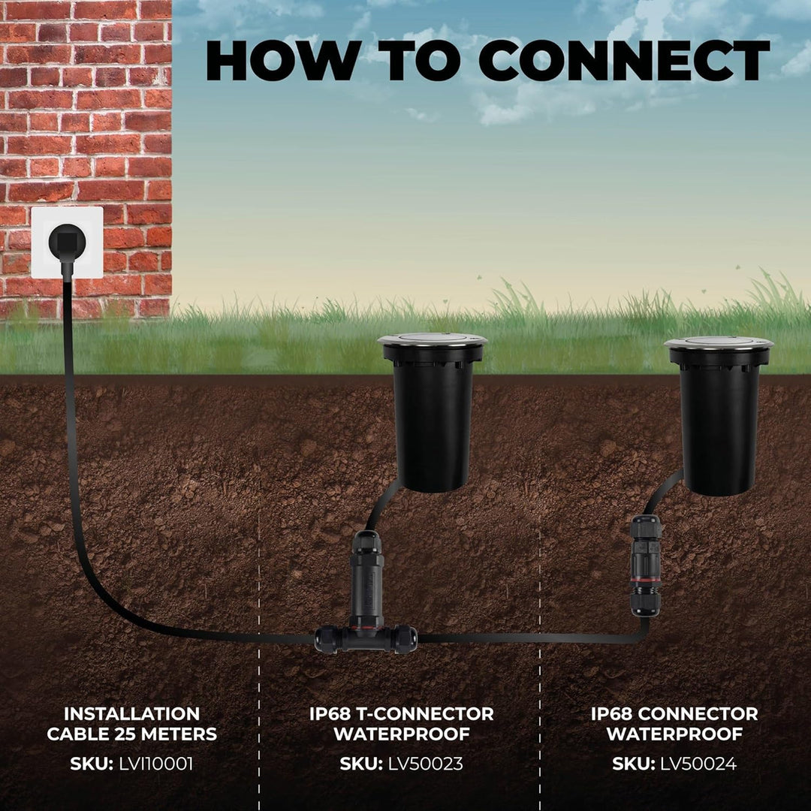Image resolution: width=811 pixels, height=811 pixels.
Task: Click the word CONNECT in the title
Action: tap(624, 60)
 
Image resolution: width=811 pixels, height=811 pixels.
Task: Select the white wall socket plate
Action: tap(68, 243)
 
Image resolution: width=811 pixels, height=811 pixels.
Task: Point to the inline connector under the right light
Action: tap(645, 565)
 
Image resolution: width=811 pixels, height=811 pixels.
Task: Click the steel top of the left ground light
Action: tap(433, 340)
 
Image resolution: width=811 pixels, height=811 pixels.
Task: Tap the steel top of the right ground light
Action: tap(719, 343)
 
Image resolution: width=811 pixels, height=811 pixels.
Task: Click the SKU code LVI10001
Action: tap(156, 764)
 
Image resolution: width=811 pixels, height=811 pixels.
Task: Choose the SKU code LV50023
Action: tap(426, 764)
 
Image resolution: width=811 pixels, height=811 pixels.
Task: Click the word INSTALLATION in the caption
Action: tap(132, 714)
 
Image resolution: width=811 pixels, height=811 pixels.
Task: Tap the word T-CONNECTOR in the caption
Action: tap(425, 714)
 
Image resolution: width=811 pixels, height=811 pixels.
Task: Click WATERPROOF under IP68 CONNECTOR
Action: tap(674, 734)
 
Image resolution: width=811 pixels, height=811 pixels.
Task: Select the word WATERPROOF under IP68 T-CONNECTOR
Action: tap(402, 734)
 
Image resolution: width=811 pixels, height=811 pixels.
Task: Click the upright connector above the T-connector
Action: tap(366, 578)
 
